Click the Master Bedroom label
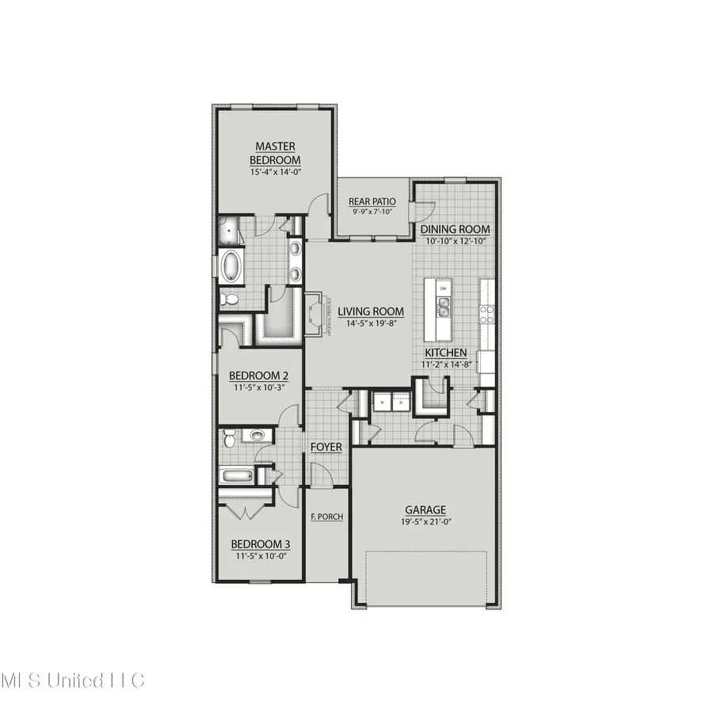276,153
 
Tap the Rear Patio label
372,201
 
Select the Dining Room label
455,230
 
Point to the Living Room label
371,311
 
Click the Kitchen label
445,353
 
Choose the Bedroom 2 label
258,376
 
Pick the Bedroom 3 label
260,544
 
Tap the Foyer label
326,448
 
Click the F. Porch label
326,517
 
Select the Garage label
425,510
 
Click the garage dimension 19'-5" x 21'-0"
425,522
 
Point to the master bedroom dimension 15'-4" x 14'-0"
276,172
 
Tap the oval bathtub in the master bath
231,266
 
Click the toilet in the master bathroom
228,299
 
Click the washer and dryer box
391,402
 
